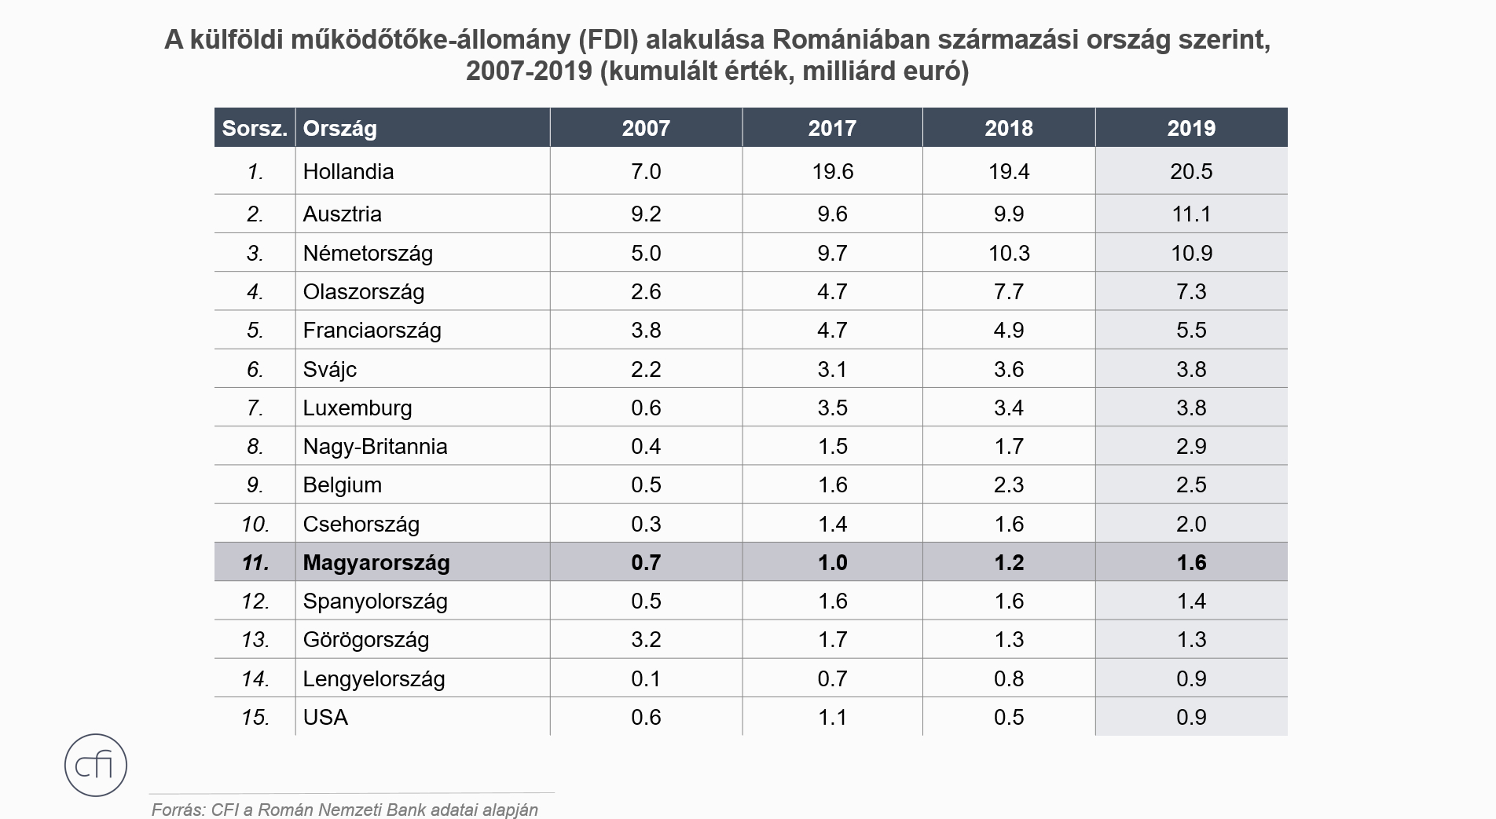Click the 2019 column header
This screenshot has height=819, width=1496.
point(1191,128)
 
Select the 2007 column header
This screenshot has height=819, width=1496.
point(646,128)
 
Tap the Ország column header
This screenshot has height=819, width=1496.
point(340,128)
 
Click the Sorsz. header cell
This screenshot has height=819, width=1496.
point(255,128)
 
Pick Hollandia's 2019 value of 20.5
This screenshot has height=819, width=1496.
point(1191,171)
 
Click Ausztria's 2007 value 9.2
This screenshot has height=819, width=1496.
point(646,214)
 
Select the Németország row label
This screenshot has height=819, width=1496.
point(368,253)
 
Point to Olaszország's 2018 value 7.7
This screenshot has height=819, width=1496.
point(1009,291)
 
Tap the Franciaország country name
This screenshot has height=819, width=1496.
point(372,330)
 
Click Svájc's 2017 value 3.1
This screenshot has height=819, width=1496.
point(832,369)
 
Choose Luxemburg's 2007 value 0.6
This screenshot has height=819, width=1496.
point(646,408)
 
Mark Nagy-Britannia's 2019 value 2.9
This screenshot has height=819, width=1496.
point(1191,446)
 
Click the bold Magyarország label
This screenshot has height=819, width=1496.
point(376,562)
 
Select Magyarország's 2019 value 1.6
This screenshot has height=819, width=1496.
point(1191,562)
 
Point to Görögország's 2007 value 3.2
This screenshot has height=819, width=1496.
point(646,639)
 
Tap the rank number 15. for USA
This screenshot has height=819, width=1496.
point(255,717)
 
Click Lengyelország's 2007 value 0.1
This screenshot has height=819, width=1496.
point(646,678)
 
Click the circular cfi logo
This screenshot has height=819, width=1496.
point(96,765)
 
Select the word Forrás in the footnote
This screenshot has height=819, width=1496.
point(177,810)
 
